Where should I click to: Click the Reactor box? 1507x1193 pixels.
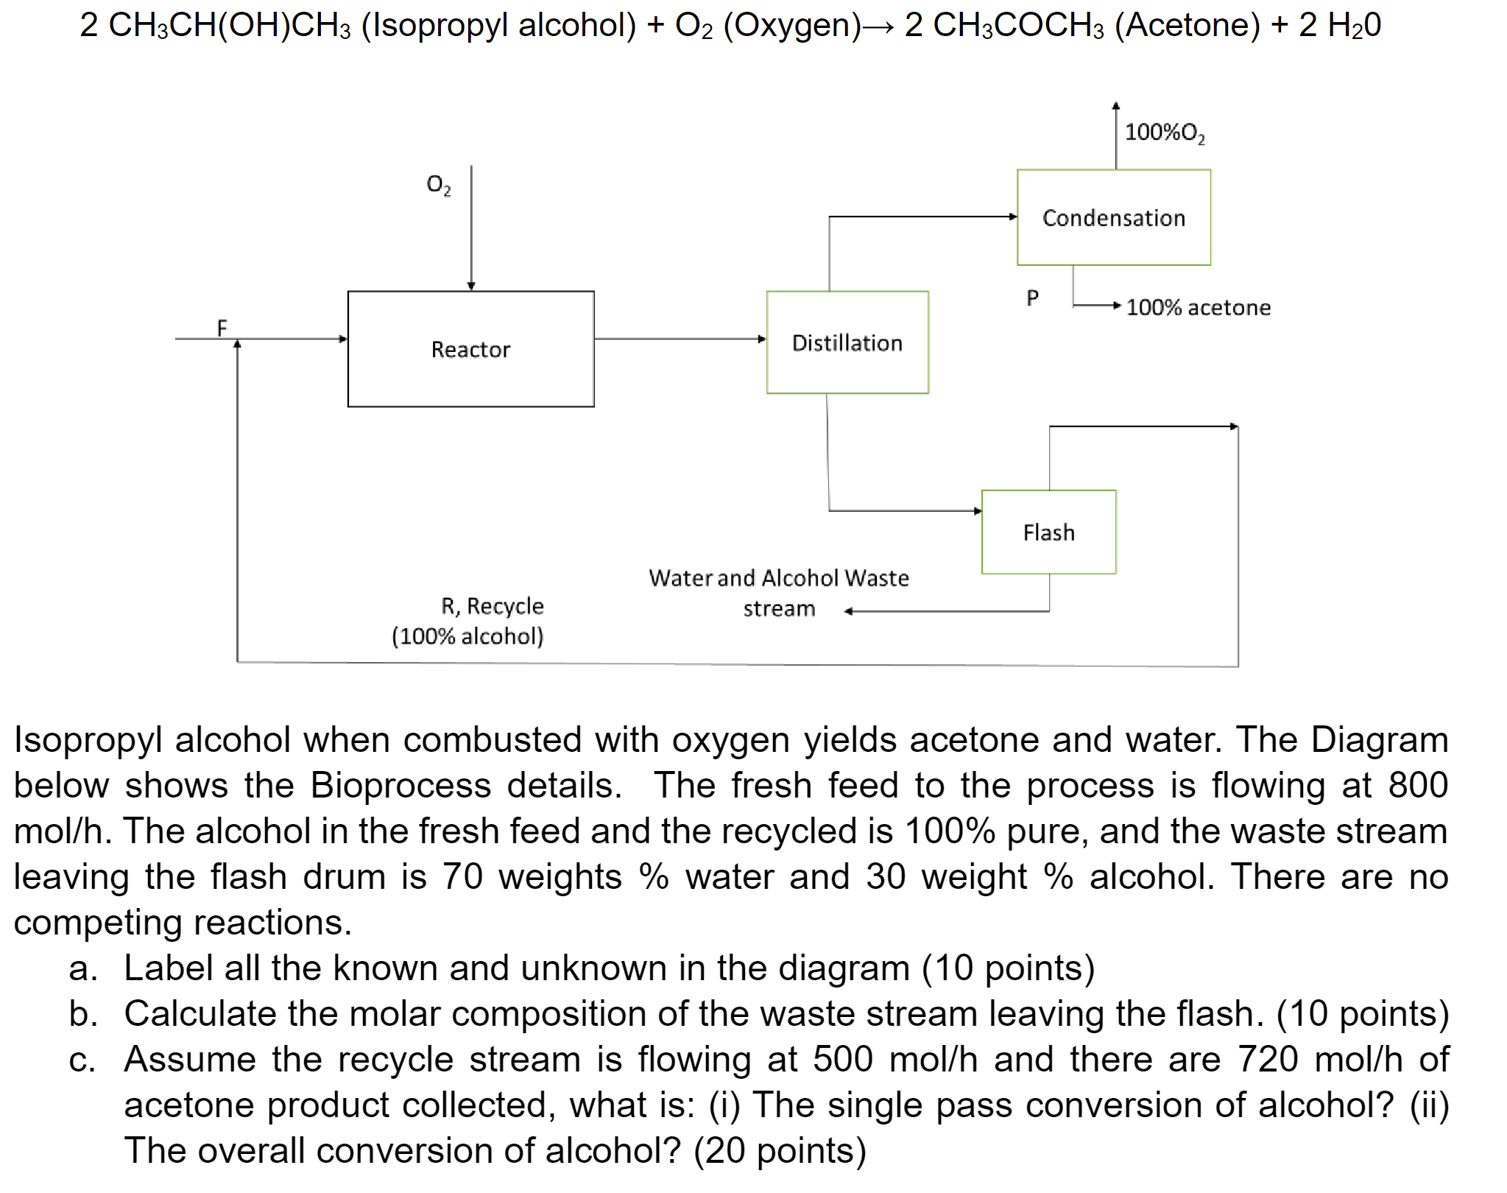[470, 349]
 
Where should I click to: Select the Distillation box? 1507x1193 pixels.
[847, 343]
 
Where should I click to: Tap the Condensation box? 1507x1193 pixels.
[1113, 218]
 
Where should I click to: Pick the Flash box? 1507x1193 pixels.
[1048, 532]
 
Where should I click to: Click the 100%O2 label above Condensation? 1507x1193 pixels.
[1165, 133]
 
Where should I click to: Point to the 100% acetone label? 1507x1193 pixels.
[1198, 308]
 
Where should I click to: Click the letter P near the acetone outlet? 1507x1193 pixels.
[1032, 298]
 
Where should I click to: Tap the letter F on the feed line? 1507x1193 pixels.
[222, 327]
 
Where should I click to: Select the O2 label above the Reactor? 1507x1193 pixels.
[438, 184]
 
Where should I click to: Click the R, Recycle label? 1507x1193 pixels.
[492, 606]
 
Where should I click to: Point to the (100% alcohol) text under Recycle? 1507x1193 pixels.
[467, 636]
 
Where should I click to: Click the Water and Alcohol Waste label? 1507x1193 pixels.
[778, 579]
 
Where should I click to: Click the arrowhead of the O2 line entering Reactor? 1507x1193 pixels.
[471, 286]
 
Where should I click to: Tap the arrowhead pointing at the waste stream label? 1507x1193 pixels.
[849, 611]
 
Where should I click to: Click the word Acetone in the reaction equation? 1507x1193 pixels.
[1187, 26]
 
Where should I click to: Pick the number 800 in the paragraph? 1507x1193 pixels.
[1418, 786]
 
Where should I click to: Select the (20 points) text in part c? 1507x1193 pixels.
[780, 1151]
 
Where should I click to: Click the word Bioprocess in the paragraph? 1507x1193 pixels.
[400, 786]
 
